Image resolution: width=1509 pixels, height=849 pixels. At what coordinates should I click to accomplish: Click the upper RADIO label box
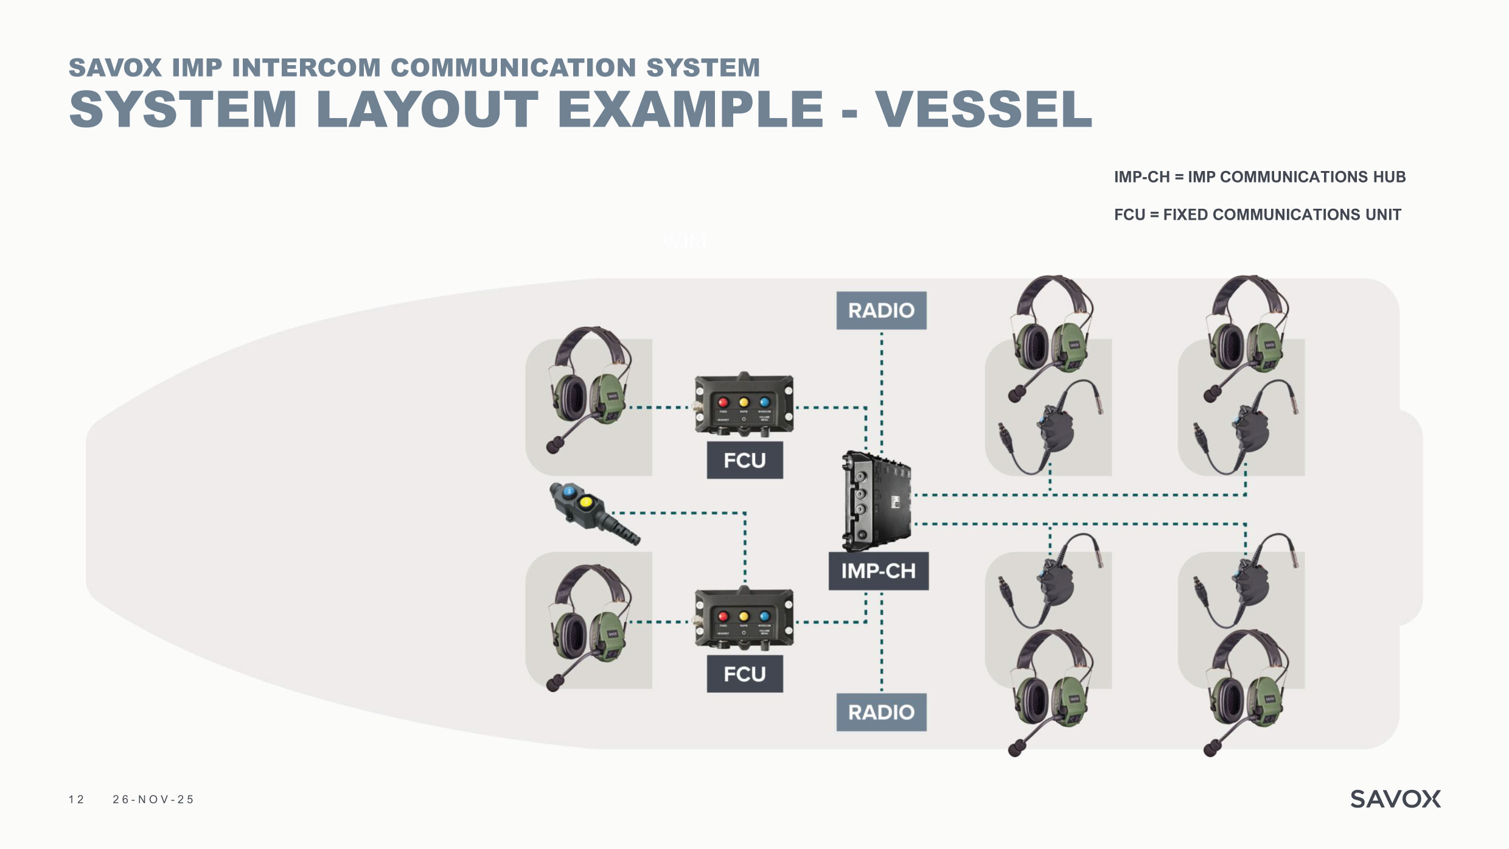[881, 310]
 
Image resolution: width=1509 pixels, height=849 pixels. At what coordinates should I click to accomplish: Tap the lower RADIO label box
[881, 712]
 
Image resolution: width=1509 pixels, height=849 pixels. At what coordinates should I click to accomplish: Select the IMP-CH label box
[878, 571]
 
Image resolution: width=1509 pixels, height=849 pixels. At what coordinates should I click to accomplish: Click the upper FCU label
[744, 460]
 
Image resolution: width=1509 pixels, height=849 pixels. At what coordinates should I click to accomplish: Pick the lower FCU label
[744, 674]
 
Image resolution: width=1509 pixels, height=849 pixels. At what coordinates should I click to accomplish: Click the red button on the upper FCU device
[723, 402]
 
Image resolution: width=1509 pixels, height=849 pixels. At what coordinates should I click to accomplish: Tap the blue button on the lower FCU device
[764, 617]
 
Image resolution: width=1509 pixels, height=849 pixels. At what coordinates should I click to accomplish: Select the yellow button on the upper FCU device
[744, 402]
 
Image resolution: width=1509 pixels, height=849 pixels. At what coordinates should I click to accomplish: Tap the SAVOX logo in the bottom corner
[1395, 799]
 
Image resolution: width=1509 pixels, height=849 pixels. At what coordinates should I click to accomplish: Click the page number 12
[77, 800]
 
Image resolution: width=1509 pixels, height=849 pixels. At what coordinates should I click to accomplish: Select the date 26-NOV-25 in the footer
[153, 800]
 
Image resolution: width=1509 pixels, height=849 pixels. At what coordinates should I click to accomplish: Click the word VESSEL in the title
[983, 110]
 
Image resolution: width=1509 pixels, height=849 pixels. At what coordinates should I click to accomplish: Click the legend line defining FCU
[1257, 215]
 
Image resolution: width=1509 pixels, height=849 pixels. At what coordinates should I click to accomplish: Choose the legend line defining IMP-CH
[1260, 177]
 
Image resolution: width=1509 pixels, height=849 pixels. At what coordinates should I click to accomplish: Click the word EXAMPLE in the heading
[690, 110]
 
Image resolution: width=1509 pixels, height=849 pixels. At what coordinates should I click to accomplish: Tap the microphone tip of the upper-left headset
[552, 447]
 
